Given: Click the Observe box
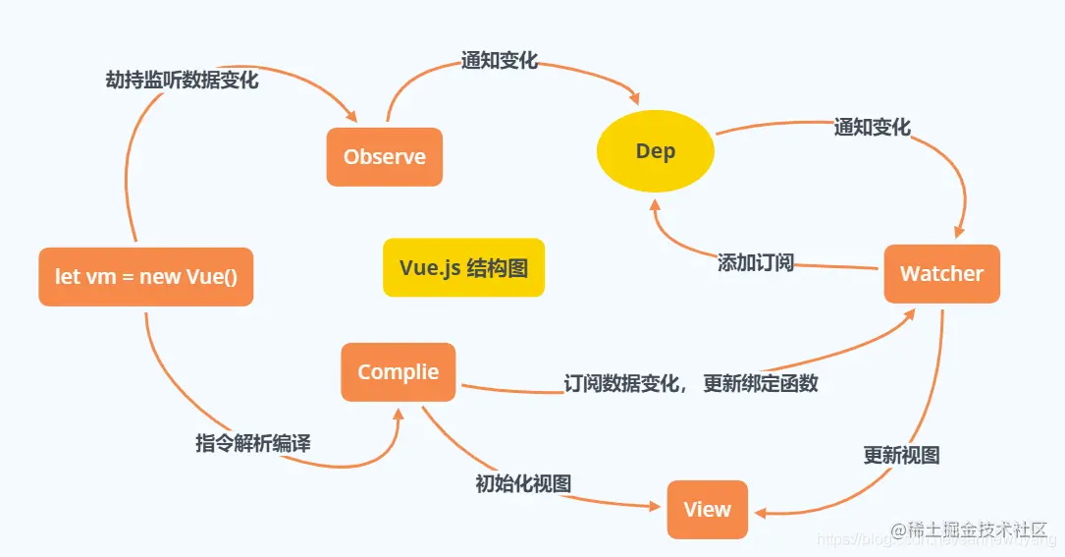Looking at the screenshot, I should point(384,157).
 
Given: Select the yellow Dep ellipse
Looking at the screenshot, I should point(656,152).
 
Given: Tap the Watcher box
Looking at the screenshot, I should point(941,274).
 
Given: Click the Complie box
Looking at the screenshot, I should point(398,372).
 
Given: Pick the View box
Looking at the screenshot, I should point(707,510).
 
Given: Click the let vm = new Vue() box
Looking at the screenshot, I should point(145,277).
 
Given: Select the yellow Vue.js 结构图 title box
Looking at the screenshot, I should point(463,267).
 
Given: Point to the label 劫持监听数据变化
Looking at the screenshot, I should point(182,81).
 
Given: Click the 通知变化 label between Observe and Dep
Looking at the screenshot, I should point(500,61).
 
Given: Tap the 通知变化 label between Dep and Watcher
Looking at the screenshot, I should point(872,128).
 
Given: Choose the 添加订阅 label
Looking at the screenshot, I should point(755,262).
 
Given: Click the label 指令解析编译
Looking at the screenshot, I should point(252,444).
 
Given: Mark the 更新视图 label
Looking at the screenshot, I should point(901,456).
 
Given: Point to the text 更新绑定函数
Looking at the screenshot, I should point(761,384).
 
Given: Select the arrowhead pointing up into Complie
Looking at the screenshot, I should point(399,413).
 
